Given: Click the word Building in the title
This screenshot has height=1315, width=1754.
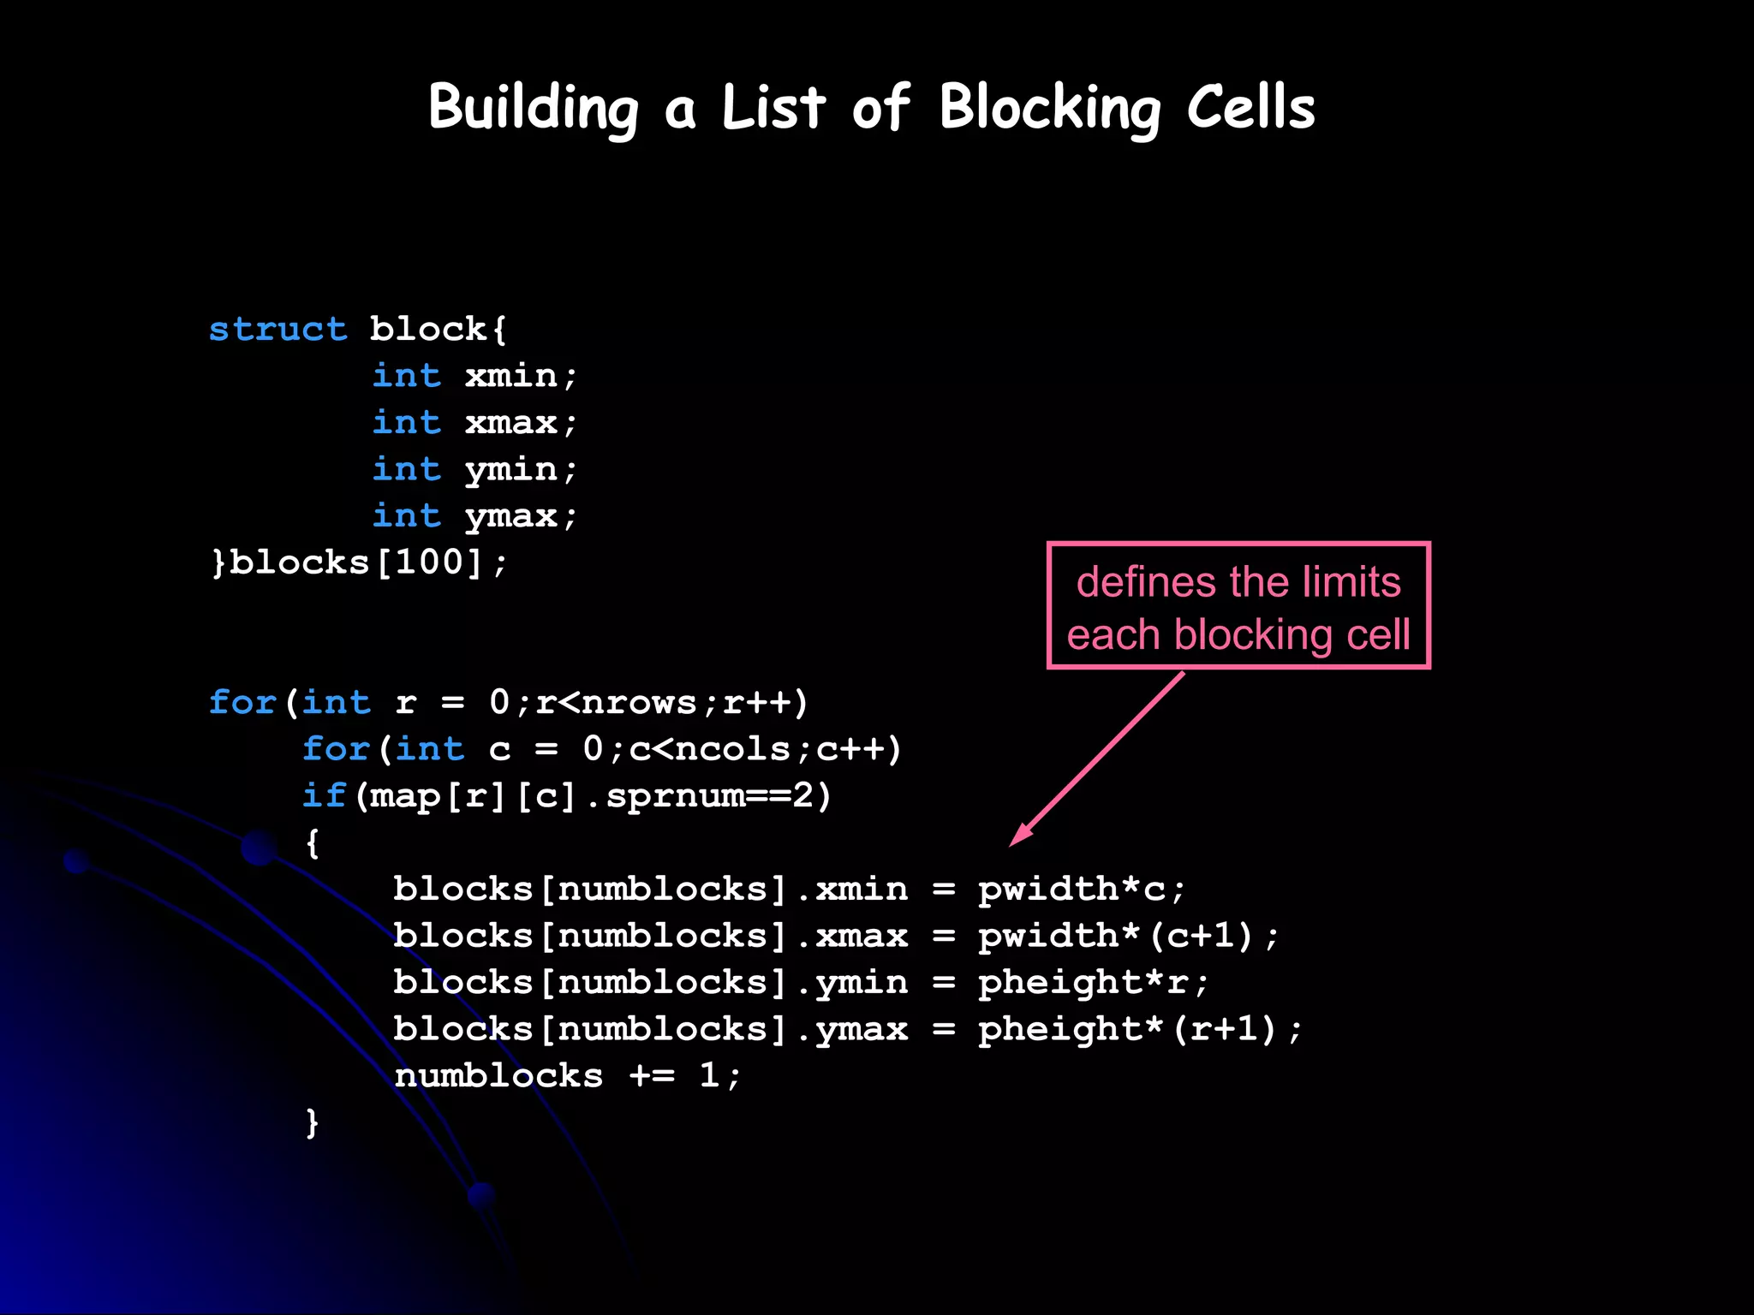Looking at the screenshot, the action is click(533, 109).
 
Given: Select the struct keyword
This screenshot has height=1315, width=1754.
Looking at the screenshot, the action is click(278, 330).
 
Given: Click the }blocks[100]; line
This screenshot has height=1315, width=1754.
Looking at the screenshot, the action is click(359, 562).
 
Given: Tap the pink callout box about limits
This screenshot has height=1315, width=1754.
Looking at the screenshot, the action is click(1238, 606).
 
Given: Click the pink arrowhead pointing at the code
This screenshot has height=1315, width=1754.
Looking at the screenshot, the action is click(1020, 835).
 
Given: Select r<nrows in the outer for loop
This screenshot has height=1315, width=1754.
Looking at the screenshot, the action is click(616, 703).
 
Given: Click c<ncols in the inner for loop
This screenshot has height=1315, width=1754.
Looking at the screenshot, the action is click(709, 750).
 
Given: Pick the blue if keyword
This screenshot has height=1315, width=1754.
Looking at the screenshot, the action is click(324, 796).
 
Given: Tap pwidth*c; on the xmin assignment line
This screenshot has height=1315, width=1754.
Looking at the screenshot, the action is click(1082, 890).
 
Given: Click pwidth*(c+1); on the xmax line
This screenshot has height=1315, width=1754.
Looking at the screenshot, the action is click(1128, 936).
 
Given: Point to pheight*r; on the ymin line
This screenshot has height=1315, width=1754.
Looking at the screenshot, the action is click(1093, 983).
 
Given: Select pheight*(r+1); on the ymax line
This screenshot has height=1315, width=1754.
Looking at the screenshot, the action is click(1140, 1029).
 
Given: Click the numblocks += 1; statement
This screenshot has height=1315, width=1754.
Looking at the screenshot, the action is click(567, 1076).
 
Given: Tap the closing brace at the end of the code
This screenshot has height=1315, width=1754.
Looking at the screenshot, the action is click(313, 1122).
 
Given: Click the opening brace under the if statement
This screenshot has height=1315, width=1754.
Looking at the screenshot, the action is click(313, 843).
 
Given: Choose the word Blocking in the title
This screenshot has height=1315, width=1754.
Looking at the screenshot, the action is click(1050, 109).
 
